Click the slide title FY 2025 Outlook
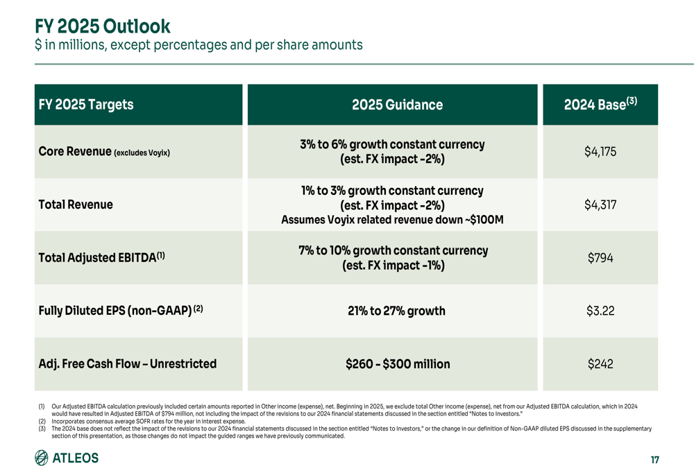point(103,26)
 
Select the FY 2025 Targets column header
point(86,105)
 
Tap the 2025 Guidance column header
point(397,105)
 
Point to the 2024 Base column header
point(600,105)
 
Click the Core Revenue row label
point(104,152)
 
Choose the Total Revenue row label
point(76,205)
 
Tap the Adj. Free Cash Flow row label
point(128,364)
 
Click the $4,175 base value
point(600,152)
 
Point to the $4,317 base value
point(600,205)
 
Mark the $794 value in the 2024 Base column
point(600,258)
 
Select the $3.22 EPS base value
point(600,311)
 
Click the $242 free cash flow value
point(600,364)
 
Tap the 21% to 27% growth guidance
point(396,311)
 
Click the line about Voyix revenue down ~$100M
point(392,221)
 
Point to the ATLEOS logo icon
point(42,458)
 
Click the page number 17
point(654,459)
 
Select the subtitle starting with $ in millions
point(198,45)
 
